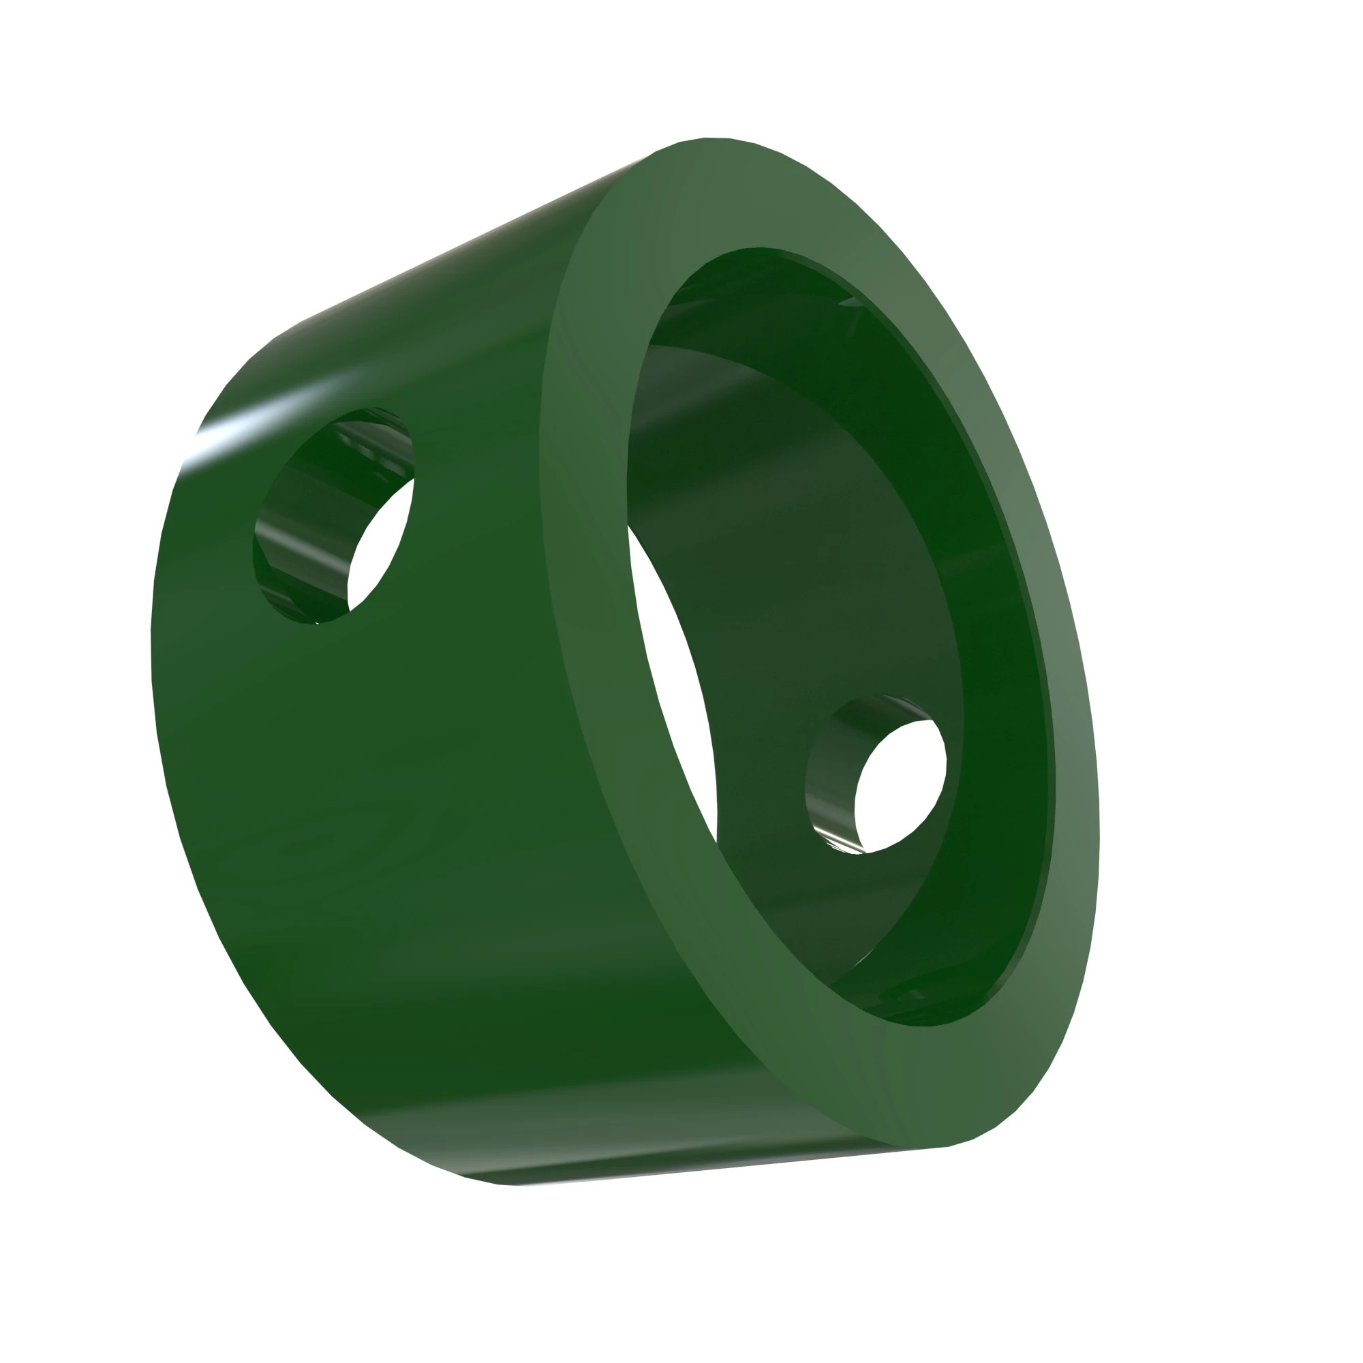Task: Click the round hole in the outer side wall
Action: click(332, 515)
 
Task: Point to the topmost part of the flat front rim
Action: click(713, 191)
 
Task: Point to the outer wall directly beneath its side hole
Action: click(339, 741)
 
